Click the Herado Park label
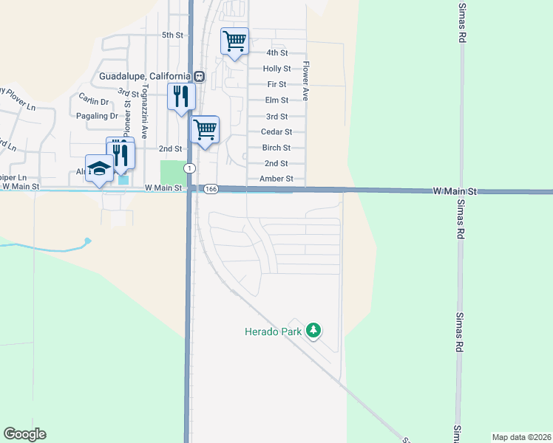(x=273, y=332)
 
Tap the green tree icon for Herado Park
(x=313, y=331)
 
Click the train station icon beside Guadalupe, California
(x=200, y=76)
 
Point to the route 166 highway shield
(x=211, y=190)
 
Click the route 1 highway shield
(x=190, y=168)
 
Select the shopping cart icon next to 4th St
(x=235, y=41)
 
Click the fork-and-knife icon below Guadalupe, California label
(x=181, y=96)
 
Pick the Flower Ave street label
(x=304, y=81)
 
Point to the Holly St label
(x=276, y=69)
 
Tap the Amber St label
(x=276, y=179)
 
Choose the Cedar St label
(x=276, y=131)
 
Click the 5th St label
(x=172, y=35)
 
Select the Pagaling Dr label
(x=97, y=116)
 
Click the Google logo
(x=24, y=434)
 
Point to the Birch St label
(x=276, y=148)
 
